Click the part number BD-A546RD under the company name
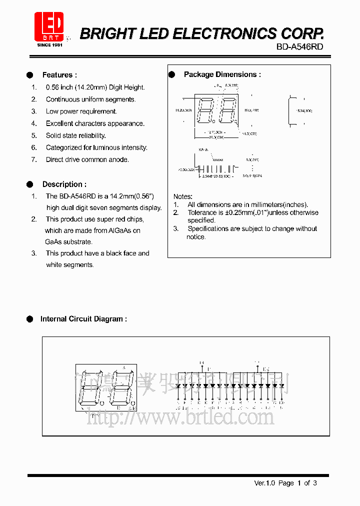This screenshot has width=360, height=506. [300, 47]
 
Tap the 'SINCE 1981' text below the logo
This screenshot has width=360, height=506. [49, 45]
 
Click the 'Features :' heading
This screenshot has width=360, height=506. [59, 75]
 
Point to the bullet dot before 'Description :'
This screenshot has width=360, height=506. [30, 184]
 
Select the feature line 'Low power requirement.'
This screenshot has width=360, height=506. [81, 111]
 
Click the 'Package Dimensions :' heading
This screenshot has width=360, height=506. [222, 74]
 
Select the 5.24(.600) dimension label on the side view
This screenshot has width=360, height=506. [303, 110]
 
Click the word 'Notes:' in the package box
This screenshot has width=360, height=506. [183, 196]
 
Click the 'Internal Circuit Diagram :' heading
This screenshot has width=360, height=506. [83, 319]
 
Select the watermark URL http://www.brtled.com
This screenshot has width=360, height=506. [180, 416]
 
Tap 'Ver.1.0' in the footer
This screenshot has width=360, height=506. [265, 483]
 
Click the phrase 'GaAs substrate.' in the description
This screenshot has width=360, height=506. [68, 242]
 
